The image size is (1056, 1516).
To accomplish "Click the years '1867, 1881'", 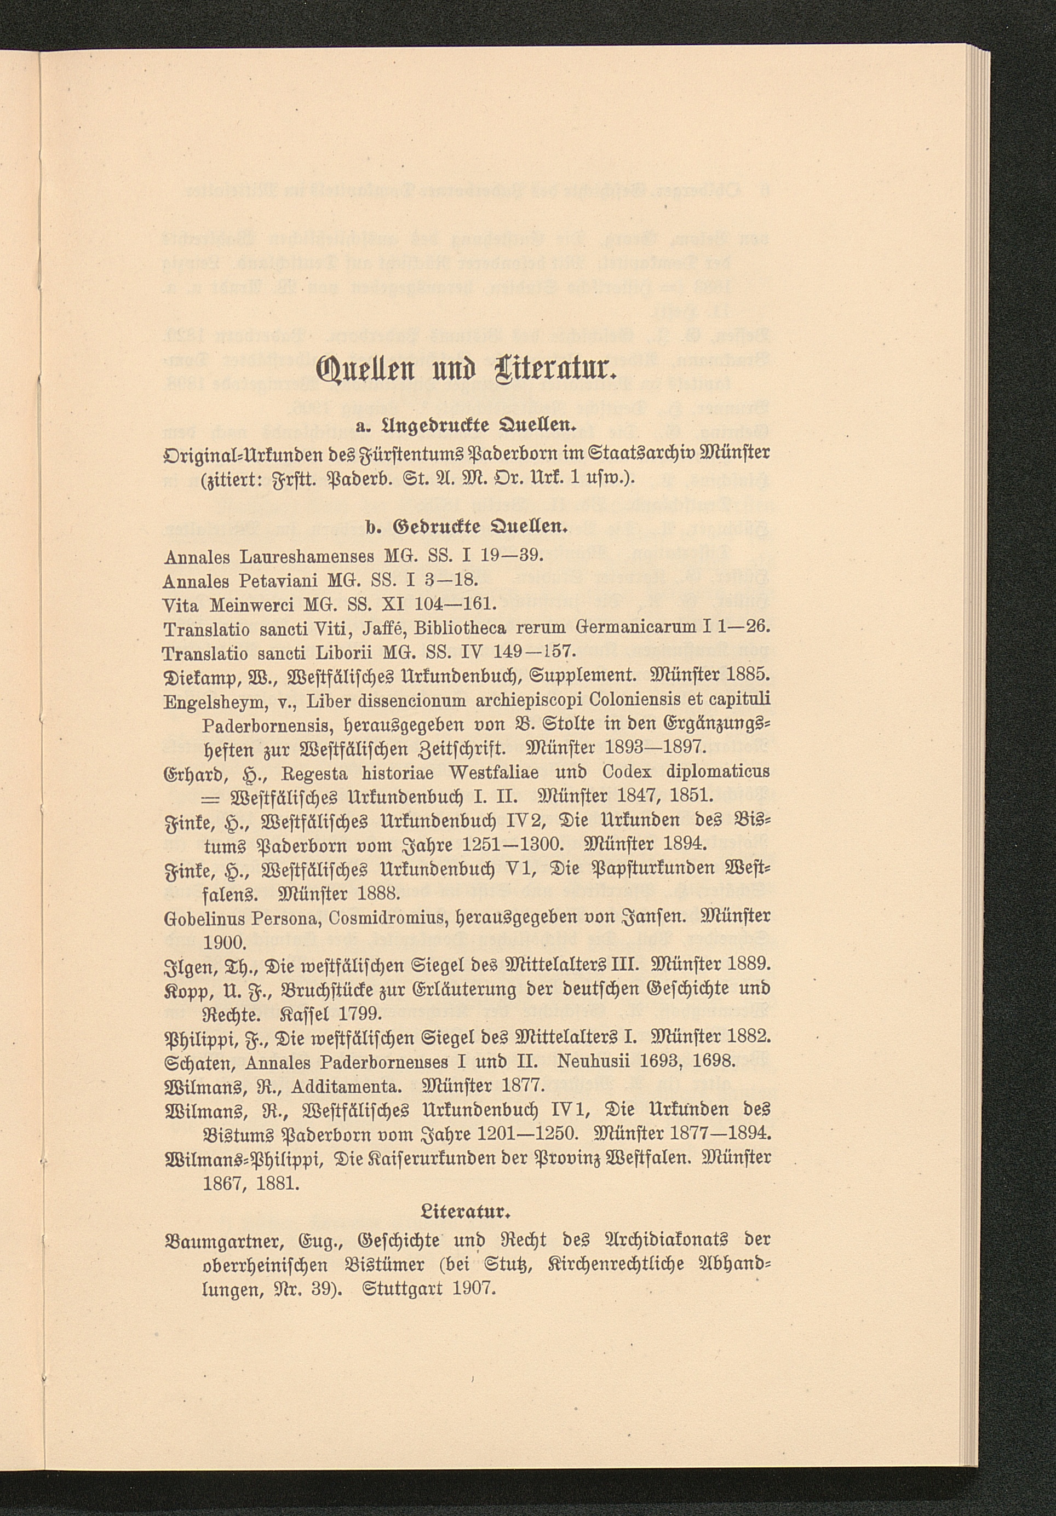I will (x=251, y=1182).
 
